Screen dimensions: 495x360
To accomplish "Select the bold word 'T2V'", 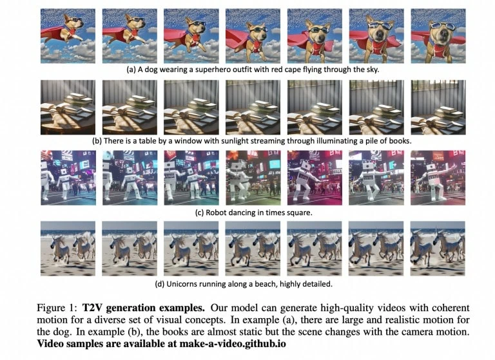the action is click(x=92, y=308).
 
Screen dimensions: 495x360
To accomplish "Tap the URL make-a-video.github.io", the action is click(x=233, y=344).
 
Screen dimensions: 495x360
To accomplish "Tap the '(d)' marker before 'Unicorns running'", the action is click(x=160, y=284).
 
